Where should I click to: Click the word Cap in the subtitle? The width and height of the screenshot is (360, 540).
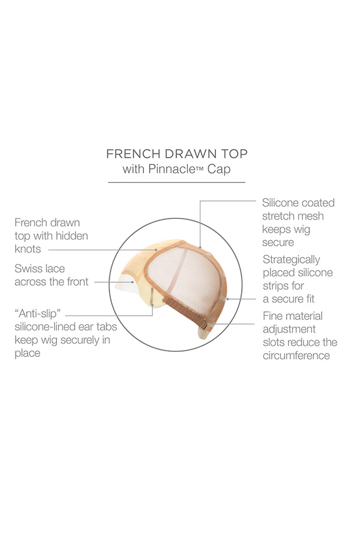click(x=219, y=169)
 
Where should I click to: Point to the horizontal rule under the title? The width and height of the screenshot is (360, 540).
click(x=177, y=182)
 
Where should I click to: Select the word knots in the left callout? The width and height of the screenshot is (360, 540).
click(x=27, y=249)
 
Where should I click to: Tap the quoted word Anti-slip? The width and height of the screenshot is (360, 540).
click(x=38, y=314)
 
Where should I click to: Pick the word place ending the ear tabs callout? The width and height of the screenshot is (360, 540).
click(x=27, y=354)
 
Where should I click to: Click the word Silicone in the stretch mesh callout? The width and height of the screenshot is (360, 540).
click(x=282, y=203)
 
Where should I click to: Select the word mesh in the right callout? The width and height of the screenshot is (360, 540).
click(x=311, y=216)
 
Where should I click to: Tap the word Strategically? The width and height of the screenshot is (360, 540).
click(x=291, y=260)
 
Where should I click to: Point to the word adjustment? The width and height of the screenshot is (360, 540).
click(x=289, y=329)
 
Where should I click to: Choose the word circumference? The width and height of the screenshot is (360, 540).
click(x=296, y=355)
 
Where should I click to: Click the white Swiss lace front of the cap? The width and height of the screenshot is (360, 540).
click(x=127, y=284)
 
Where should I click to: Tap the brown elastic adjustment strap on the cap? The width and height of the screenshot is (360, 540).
click(x=185, y=311)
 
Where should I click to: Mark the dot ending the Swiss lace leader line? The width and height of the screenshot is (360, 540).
click(x=132, y=282)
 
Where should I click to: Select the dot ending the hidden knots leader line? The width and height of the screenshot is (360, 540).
click(x=156, y=250)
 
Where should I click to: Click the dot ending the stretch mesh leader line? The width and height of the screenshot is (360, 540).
click(x=200, y=247)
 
